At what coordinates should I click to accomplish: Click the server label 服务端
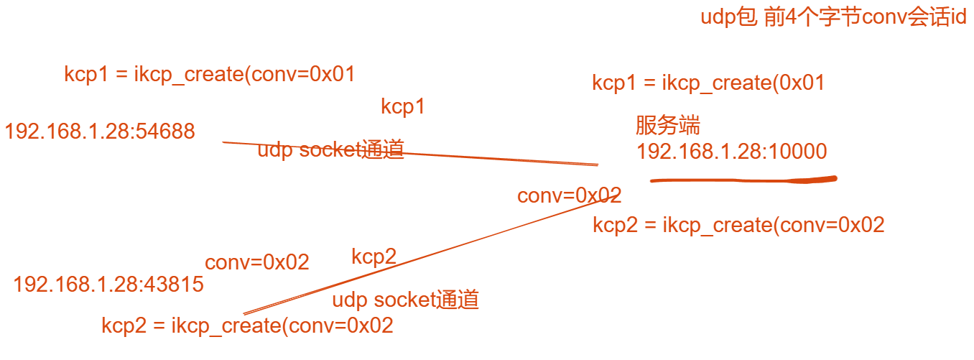667,126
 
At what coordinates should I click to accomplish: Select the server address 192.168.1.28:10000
731,152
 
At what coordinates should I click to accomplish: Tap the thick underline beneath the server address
743,179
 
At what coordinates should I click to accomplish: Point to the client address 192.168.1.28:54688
100,131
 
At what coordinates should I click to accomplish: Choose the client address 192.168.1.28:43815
108,285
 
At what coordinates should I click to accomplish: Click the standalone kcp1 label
403,108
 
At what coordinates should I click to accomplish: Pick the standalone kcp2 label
374,257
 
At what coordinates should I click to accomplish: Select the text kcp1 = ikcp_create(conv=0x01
210,75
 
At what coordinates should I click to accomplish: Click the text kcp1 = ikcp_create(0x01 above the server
708,83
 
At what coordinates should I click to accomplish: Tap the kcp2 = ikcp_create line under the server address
738,225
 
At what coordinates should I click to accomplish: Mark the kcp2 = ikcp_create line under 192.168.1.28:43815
247,326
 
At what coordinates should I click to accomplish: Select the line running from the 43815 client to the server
431,255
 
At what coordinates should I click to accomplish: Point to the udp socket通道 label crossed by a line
330,149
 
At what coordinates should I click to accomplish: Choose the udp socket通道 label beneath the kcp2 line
405,300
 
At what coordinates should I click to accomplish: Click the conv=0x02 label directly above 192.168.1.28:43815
257,262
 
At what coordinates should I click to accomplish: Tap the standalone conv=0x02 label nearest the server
569,195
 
